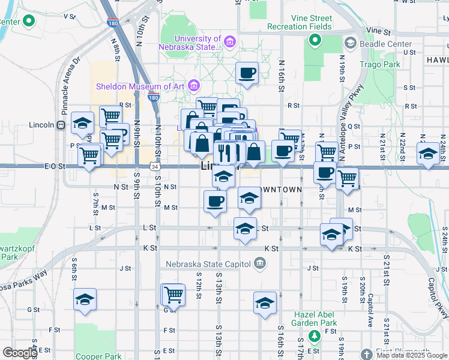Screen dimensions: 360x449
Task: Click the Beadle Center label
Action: tap(385, 44)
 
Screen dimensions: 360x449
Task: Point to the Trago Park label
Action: tap(379, 64)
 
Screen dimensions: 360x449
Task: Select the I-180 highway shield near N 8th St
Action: tap(112, 23)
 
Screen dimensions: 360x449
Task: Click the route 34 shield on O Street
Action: tap(155, 166)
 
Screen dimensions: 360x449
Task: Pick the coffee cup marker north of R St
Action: tap(247, 74)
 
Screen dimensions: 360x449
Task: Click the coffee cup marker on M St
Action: tap(215, 202)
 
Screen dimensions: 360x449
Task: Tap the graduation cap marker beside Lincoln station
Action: tap(82, 124)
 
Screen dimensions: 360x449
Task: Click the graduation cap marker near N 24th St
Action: tap(428, 154)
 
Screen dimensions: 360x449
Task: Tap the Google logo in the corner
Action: tap(20, 353)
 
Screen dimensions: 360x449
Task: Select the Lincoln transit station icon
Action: tap(61, 125)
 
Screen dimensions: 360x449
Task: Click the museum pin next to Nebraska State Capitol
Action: tap(259, 262)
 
